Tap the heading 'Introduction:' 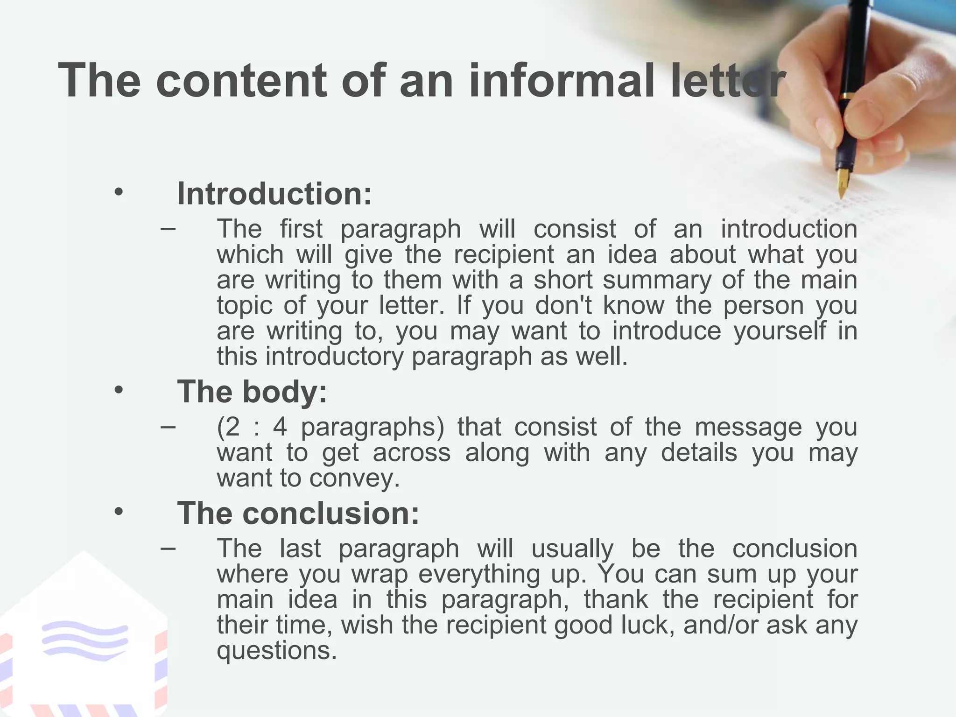pos(274,193)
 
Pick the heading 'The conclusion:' pos(298,513)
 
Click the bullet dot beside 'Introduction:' pos(119,192)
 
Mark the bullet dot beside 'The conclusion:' pos(119,512)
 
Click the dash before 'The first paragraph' pos(168,229)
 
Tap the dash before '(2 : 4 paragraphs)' pos(168,427)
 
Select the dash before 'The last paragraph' pos(168,548)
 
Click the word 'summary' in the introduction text pos(657,281)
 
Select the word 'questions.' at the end pos(277,650)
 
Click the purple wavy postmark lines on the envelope pos(84,640)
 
